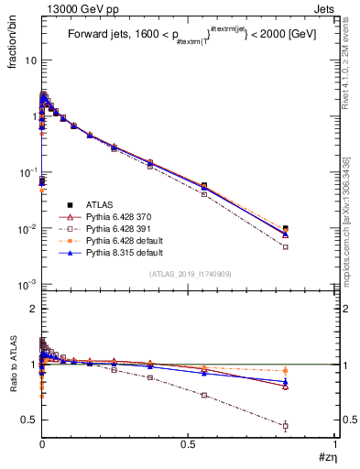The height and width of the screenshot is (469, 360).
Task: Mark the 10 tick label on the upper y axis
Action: pyautogui.click(x=30, y=60)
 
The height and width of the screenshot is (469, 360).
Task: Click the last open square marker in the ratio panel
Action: pyautogui.click(x=285, y=426)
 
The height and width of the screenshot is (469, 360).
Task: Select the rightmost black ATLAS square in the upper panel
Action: pyautogui.click(x=285, y=229)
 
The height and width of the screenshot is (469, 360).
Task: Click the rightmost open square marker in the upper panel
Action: pyautogui.click(x=285, y=246)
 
